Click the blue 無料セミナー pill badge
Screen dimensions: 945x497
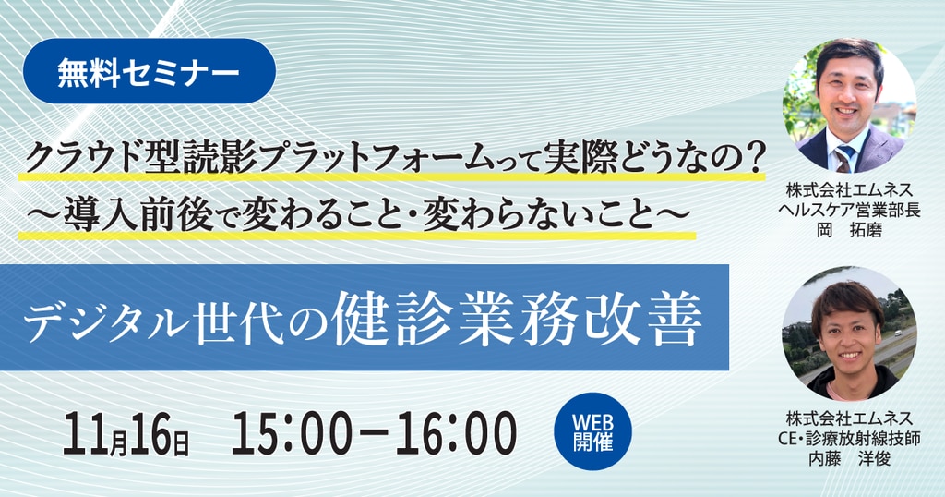[149, 71]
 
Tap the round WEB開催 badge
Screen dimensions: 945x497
[592, 431]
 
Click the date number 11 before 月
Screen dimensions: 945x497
[86, 433]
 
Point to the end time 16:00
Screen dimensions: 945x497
[457, 433]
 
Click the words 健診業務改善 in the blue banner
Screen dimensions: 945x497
[517, 319]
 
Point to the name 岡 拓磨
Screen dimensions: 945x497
[849, 230]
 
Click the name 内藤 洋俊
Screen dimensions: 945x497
[849, 459]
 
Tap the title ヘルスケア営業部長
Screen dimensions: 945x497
[849, 211]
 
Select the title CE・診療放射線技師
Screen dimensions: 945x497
[849, 439]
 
